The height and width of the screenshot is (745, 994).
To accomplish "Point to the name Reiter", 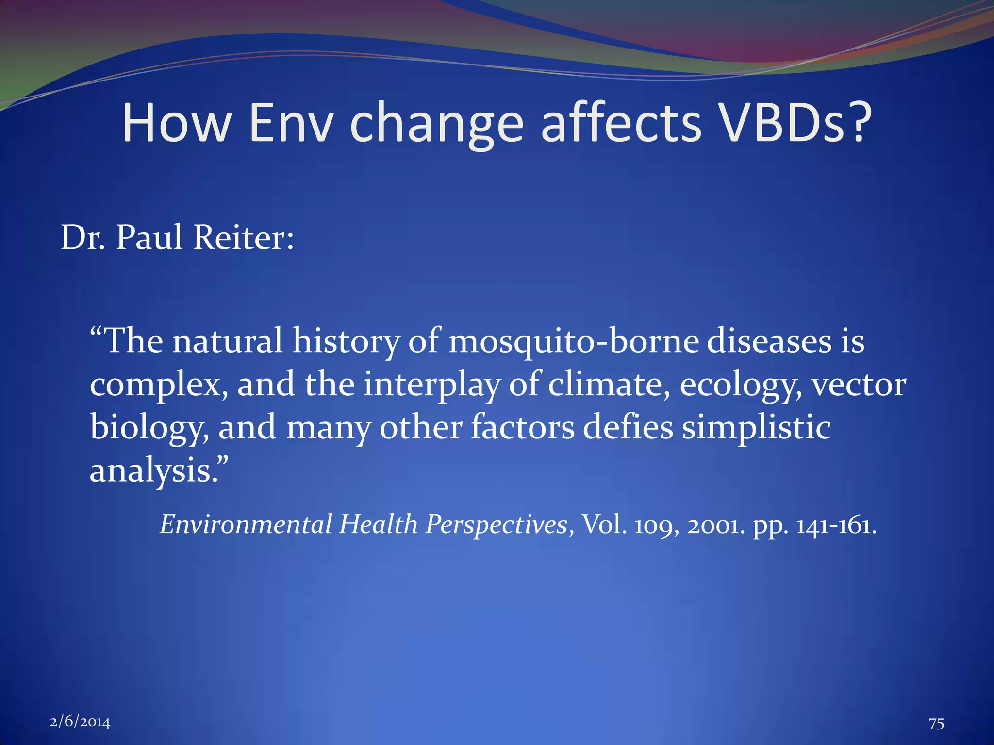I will [x=243, y=238].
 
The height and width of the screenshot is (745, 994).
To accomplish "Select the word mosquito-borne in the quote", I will [x=574, y=341].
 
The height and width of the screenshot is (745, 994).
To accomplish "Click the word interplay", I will [x=431, y=385].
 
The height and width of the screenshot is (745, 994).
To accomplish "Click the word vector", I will [x=859, y=385].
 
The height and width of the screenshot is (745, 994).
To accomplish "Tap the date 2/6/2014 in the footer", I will [x=80, y=722].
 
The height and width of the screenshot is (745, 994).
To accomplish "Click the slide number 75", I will [x=936, y=724].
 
